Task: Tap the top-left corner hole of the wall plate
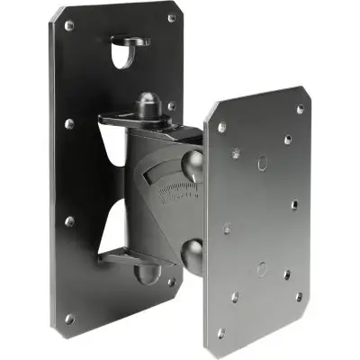(x=69, y=26)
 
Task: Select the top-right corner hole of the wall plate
(x=171, y=18)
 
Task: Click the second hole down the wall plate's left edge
(x=68, y=124)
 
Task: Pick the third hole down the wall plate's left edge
(x=68, y=220)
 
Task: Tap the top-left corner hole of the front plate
(x=221, y=128)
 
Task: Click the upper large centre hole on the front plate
(x=261, y=164)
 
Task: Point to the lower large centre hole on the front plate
(x=261, y=267)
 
